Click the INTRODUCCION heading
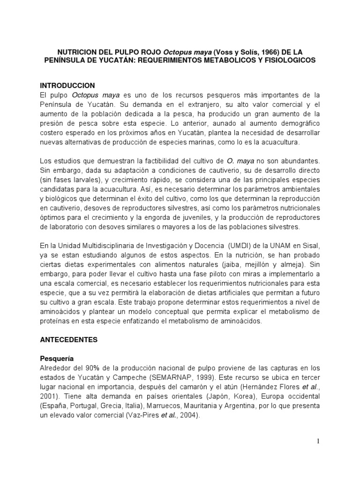point(67,85)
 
